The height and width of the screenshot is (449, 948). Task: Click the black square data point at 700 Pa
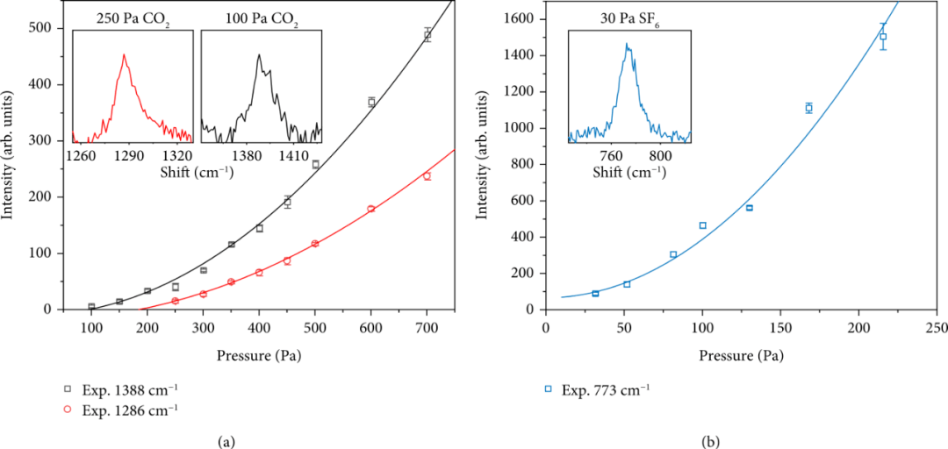[x=427, y=35]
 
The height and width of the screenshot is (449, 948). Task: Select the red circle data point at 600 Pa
[x=371, y=209]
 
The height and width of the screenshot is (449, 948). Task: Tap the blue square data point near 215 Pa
[x=883, y=37]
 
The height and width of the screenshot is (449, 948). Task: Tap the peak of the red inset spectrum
[x=124, y=55]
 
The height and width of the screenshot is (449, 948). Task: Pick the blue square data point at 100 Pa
[x=702, y=225]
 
